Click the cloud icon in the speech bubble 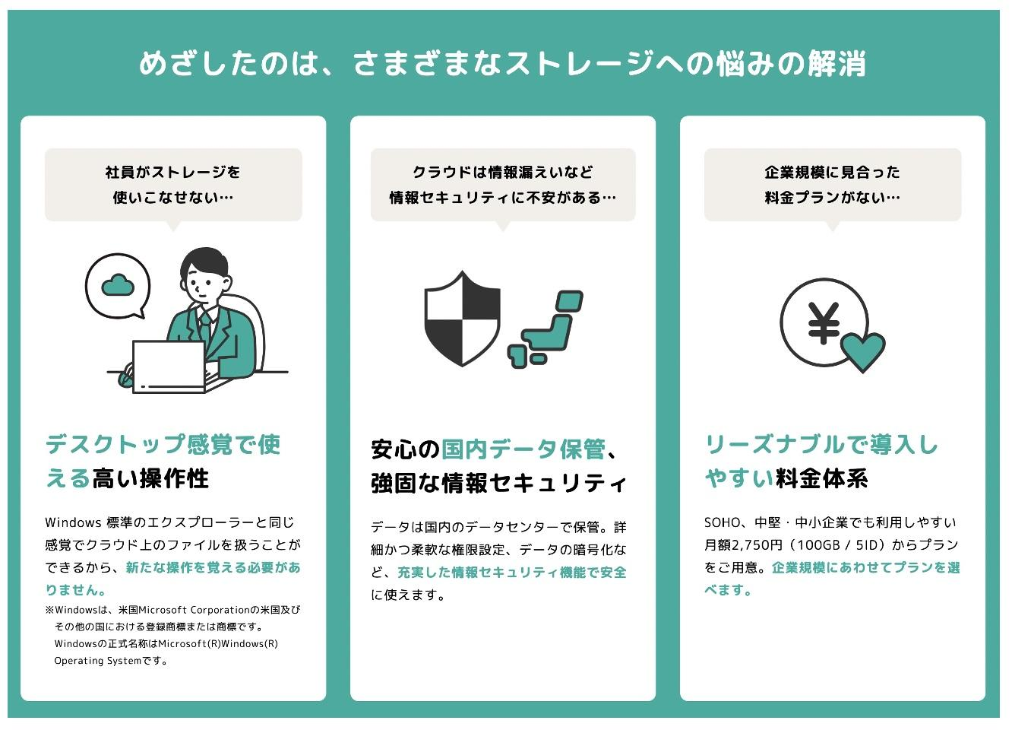118,285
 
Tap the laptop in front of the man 169,367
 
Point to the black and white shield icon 462,318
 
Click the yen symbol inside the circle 823,322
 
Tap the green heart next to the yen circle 862,351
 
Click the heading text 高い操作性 150,478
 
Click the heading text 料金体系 821,478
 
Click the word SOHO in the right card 721,522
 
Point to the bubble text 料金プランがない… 832,198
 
